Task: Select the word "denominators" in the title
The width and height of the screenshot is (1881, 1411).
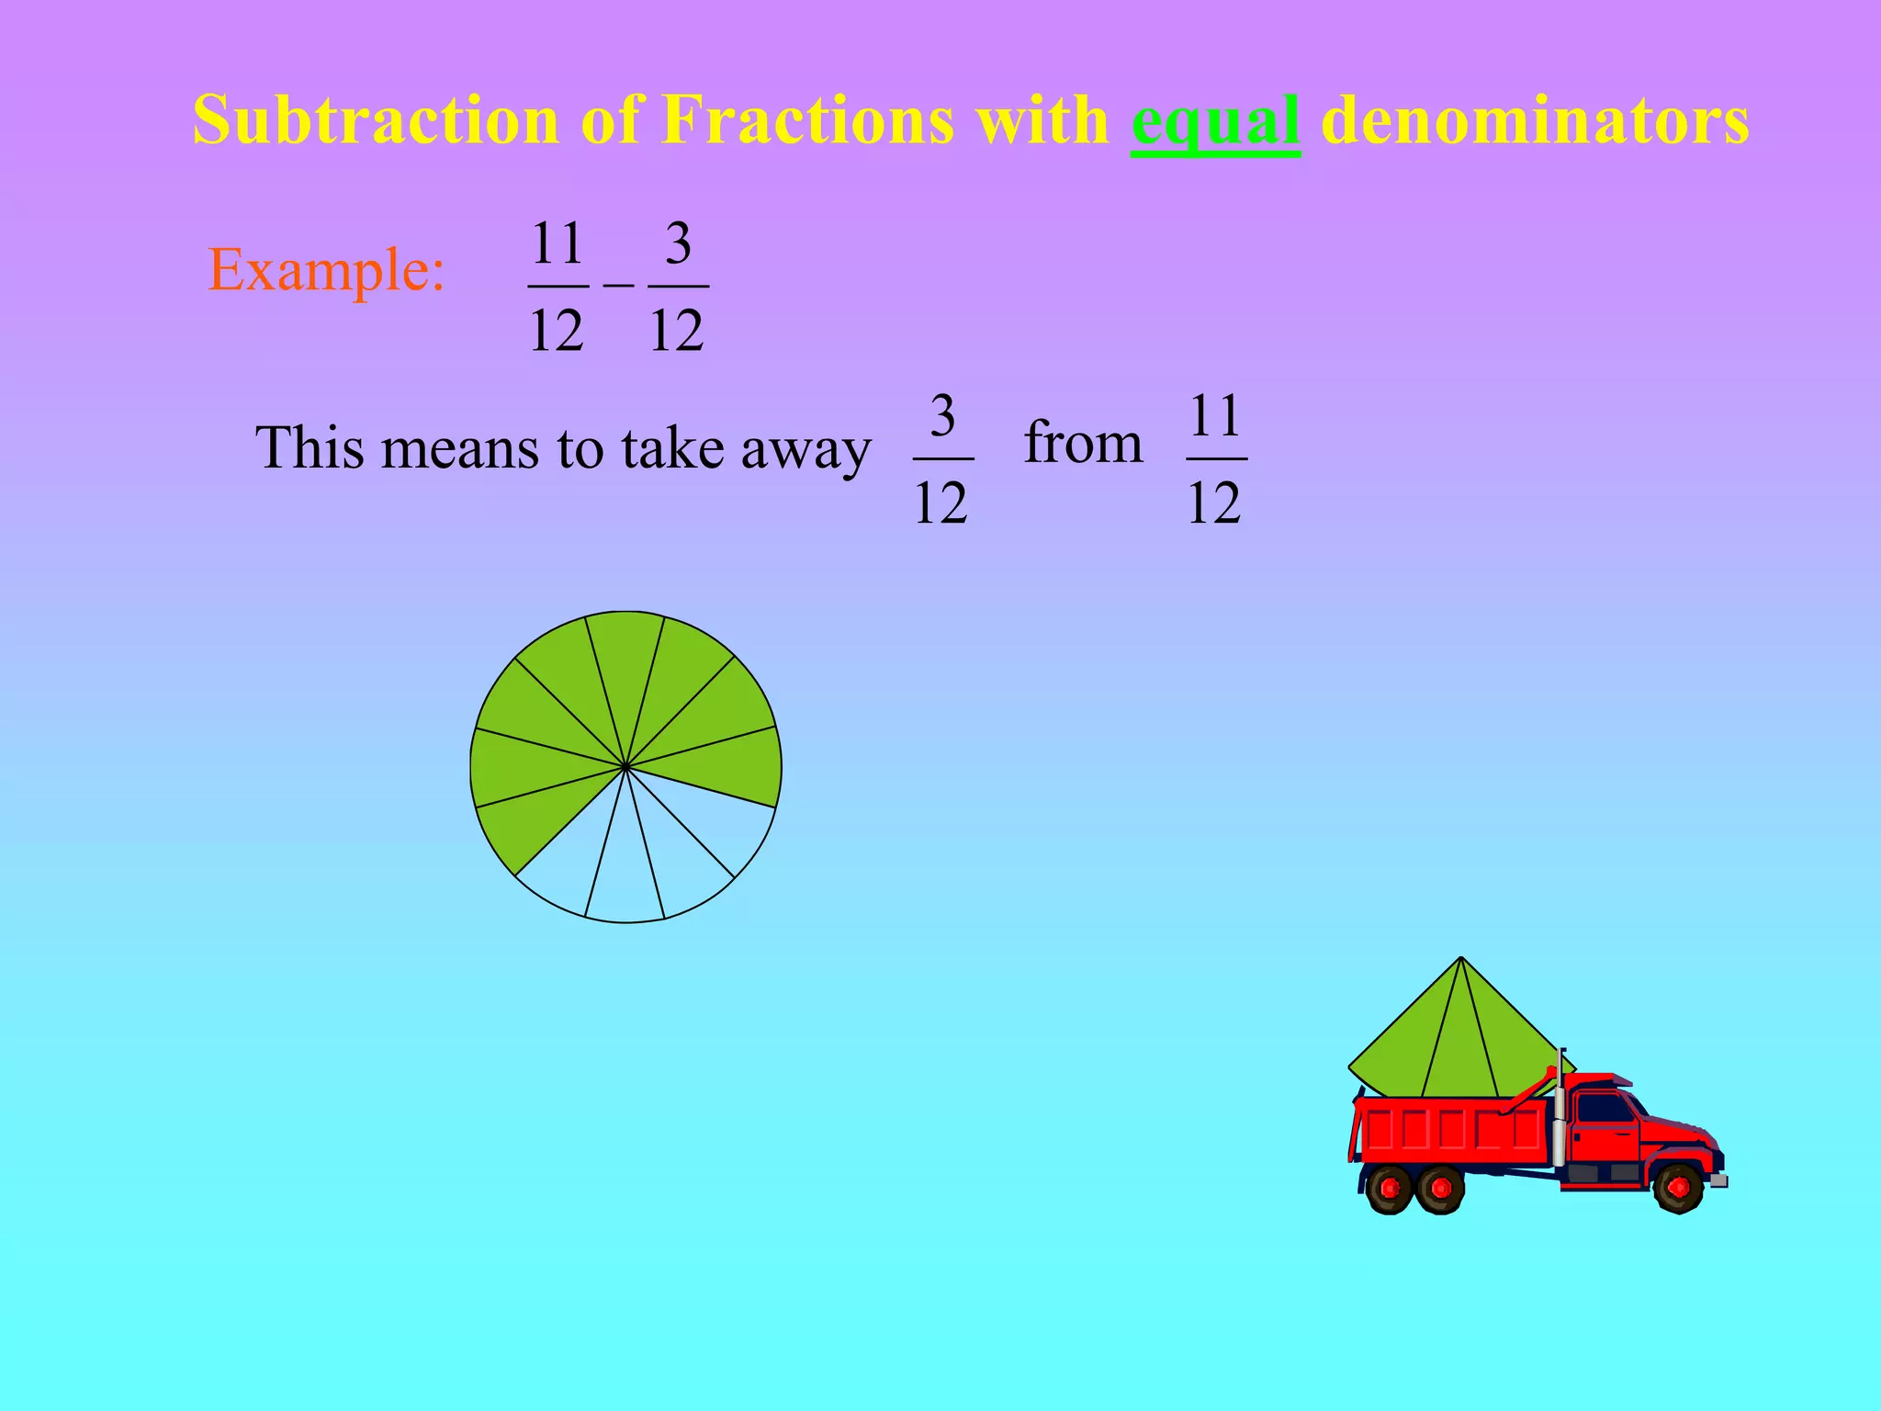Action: (x=1534, y=120)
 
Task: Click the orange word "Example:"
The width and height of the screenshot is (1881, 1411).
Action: (x=326, y=270)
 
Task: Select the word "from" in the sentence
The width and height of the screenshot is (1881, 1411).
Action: (x=1083, y=443)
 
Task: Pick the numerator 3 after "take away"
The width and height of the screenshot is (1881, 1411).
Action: (x=942, y=416)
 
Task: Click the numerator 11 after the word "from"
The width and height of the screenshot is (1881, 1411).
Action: (x=1216, y=416)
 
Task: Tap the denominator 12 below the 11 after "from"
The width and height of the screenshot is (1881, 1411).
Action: (x=1214, y=503)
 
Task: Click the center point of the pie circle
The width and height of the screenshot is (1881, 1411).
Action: (x=625, y=766)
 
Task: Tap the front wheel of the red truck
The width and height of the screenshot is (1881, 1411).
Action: (x=1678, y=1187)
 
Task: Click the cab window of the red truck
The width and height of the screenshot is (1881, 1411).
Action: (x=1604, y=1108)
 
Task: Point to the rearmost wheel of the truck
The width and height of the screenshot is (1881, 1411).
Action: (x=1390, y=1188)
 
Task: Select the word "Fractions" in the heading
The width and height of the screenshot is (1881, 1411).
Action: (x=807, y=120)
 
